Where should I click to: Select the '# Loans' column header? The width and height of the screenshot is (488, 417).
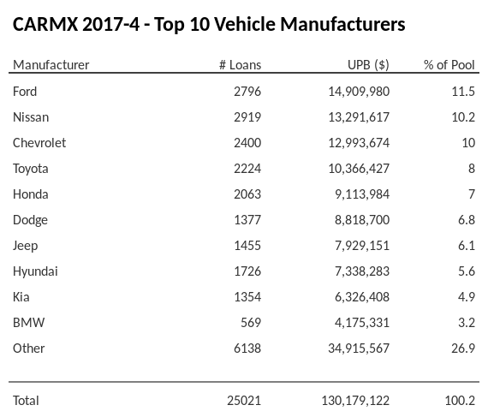coord(240,65)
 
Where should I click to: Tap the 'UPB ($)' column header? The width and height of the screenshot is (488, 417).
coord(369,65)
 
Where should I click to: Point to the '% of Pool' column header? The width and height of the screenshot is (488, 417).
coord(449,65)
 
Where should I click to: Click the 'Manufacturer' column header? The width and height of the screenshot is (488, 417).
coord(51,65)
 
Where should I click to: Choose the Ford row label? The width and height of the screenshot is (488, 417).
coord(25,92)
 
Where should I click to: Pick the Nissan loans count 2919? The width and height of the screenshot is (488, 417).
coord(247,117)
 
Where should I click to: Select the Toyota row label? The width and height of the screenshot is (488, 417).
coord(31,169)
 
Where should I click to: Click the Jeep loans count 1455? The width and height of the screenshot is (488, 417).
coord(247,246)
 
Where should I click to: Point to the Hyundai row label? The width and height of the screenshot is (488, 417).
coord(35,271)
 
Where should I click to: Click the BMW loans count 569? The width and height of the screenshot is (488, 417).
coord(250,323)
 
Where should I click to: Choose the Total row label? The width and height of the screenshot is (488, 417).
coord(26,401)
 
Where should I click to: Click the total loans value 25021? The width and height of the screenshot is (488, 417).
coord(243,401)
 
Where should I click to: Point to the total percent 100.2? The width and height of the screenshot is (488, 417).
coord(460,401)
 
